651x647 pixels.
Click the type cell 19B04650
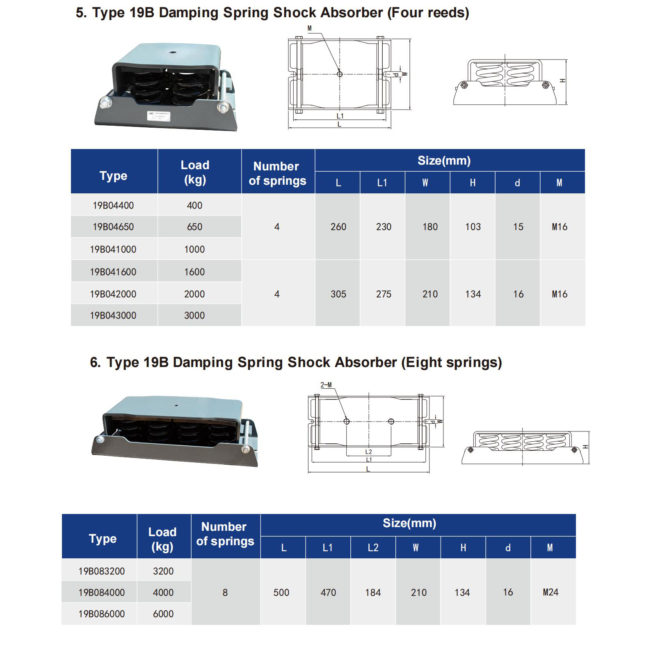point(113,227)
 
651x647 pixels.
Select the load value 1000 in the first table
point(194,249)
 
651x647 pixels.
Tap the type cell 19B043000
point(113,315)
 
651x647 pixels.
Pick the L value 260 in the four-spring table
point(338,227)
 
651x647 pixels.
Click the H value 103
point(473,227)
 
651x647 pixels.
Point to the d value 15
point(518,227)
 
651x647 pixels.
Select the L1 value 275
point(384,294)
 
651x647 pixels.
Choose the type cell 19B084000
point(102,592)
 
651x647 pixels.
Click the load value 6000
point(163,614)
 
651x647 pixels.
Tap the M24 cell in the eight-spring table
point(550,592)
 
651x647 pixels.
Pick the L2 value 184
point(373,592)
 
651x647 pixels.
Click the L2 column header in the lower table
point(373,548)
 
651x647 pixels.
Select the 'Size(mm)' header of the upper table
point(444,161)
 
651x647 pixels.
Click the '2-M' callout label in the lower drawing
point(326,385)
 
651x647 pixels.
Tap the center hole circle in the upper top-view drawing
point(340,74)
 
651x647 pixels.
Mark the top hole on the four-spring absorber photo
point(172,53)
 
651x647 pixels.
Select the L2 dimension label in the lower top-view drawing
point(368,452)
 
